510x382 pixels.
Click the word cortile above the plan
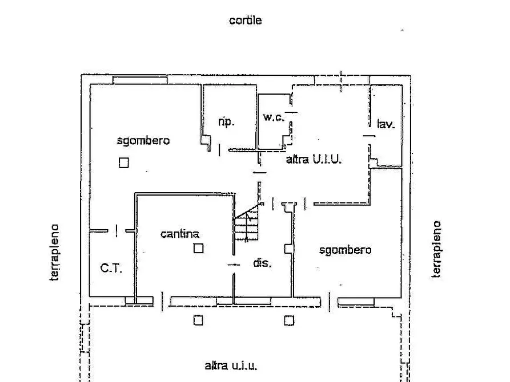(x=245, y=20)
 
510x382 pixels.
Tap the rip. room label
(x=226, y=122)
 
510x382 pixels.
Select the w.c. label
(x=273, y=117)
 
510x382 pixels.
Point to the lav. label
(x=385, y=123)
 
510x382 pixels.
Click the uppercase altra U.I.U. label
(x=314, y=159)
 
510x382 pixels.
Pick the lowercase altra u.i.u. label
(x=231, y=366)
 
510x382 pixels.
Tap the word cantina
(x=179, y=234)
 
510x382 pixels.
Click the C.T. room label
(x=111, y=268)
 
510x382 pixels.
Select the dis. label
(x=262, y=262)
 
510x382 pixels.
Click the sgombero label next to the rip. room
(x=143, y=141)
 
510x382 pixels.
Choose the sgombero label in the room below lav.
(x=345, y=250)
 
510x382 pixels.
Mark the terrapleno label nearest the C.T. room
(x=55, y=252)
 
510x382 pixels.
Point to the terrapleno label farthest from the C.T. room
(x=436, y=249)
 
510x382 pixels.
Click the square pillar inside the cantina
(x=198, y=248)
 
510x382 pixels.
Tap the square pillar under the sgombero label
(x=123, y=162)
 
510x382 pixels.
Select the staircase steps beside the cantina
(x=247, y=224)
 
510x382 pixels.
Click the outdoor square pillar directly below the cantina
(x=198, y=320)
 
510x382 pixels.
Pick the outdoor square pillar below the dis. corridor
(x=289, y=320)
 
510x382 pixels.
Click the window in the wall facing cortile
(x=140, y=80)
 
